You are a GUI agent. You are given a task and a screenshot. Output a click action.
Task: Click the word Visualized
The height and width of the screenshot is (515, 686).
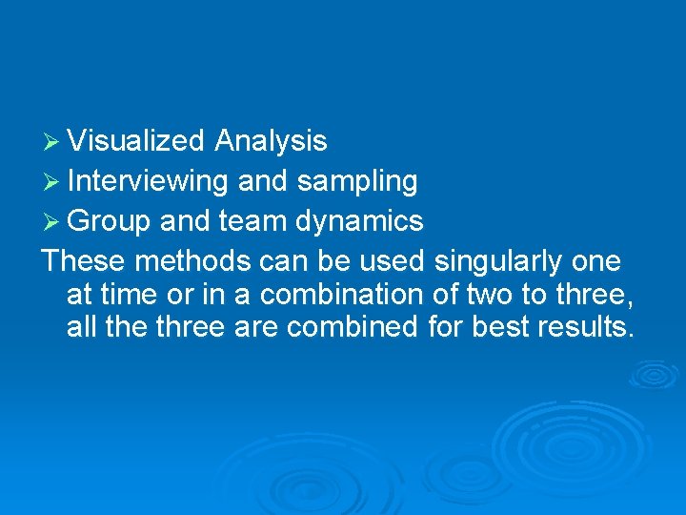(x=136, y=142)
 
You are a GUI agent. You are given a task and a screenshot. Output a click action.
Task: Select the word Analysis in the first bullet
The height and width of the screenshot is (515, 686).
(x=271, y=142)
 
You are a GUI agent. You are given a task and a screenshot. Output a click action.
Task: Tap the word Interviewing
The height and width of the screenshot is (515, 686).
(x=148, y=181)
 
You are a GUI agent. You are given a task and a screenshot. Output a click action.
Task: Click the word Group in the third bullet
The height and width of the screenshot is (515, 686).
(x=110, y=222)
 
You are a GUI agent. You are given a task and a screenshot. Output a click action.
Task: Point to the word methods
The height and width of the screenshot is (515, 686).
(x=181, y=261)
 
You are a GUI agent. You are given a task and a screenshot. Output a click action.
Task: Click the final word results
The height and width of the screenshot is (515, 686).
(x=582, y=327)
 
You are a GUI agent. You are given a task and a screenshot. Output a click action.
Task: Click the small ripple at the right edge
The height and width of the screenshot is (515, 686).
(x=655, y=373)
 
